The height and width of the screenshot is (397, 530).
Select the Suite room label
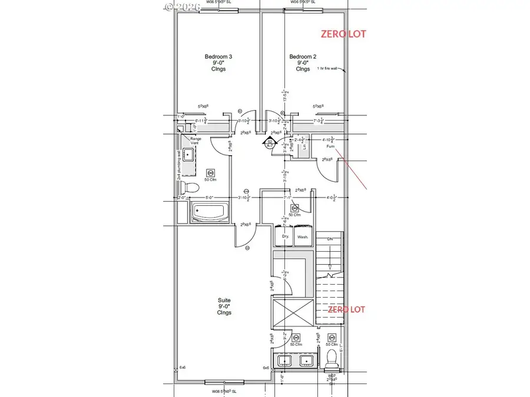pos(224,306)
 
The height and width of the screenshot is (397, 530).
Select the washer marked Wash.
pos(303,236)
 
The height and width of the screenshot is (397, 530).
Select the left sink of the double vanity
pos(286,361)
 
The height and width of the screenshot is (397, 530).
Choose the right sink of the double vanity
pos(307,361)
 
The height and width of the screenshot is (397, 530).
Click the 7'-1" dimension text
pos(289,198)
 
